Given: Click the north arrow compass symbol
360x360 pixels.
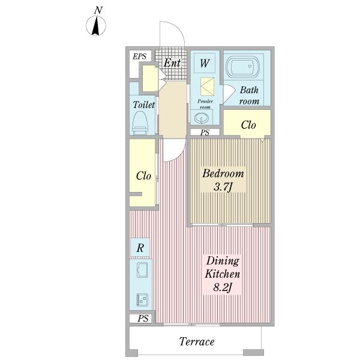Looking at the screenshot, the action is point(96,25).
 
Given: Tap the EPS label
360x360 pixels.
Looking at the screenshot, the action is point(140,56).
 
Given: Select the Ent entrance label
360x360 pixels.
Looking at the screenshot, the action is point(172,62).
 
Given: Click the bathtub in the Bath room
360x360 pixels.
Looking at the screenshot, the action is point(243,66).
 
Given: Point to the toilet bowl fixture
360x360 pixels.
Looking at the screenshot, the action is point(140,123).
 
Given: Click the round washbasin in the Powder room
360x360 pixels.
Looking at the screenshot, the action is point(202,118).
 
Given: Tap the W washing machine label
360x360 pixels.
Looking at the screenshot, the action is point(205,63).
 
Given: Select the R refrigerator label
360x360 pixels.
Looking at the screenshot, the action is point(140,248).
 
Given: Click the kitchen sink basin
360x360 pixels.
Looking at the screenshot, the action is point(142,270).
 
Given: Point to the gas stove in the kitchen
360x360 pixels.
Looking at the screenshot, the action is point(142,299).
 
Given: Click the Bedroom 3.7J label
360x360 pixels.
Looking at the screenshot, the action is point(223,180).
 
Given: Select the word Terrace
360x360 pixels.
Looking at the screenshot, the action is point(197,341).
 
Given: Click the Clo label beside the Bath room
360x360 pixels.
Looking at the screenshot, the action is point(248,125).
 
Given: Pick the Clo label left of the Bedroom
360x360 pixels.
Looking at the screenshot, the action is point(143,176).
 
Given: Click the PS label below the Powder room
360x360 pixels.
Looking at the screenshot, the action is point(205,133).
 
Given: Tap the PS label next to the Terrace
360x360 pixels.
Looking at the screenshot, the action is point(143,319).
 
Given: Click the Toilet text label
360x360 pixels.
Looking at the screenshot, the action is point(144,104).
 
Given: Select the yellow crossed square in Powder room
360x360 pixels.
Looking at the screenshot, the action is point(208,86).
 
